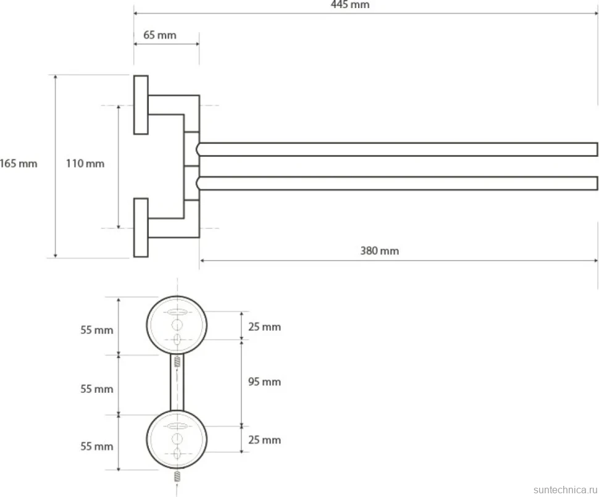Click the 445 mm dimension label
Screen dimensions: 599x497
350,4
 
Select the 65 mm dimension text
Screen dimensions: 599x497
160,35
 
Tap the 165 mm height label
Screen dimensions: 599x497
19,164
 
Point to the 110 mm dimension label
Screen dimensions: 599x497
85,164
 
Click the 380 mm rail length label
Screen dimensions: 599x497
380,251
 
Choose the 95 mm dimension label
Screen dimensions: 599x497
264,382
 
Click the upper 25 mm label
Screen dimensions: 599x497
264,327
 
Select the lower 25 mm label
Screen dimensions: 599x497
264,440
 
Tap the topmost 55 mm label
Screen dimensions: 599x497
97,330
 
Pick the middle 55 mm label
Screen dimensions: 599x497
97,389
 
